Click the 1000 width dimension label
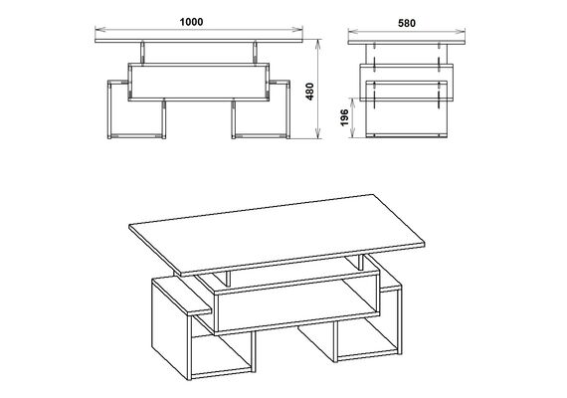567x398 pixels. click(191, 22)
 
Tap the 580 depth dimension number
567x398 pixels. click(407, 23)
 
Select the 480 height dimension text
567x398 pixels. click(310, 92)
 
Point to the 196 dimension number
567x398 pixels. click(344, 117)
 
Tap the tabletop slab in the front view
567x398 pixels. click(199, 41)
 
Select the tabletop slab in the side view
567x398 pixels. click(407, 43)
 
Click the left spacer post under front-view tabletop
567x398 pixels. click(142, 53)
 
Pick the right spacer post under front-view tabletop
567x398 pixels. click(255, 53)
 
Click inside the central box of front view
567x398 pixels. click(199, 82)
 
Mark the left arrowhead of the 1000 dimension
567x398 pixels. click(98, 29)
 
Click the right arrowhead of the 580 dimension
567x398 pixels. click(462, 31)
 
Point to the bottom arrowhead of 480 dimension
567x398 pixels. click(318, 134)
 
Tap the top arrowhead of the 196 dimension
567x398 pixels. click(352, 101)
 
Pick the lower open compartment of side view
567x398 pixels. click(407, 116)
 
